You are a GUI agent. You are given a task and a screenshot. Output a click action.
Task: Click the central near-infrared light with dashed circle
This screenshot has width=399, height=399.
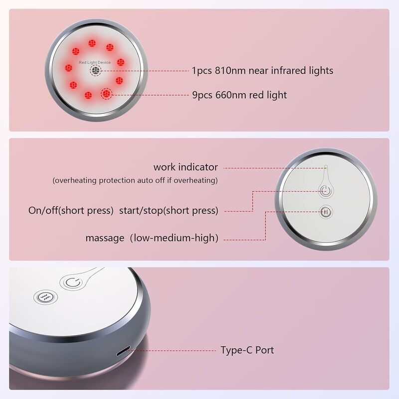coord(95,70)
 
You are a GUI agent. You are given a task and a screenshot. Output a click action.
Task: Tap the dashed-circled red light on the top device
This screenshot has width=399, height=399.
coord(107,94)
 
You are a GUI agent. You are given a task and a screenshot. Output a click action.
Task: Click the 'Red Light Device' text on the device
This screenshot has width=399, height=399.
coord(95,62)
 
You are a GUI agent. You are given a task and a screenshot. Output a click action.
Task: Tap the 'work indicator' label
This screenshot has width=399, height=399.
coord(186,167)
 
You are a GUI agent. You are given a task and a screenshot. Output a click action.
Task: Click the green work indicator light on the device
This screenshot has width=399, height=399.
coord(326,167)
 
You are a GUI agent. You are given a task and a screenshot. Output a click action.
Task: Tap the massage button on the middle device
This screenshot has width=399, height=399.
coord(326,211)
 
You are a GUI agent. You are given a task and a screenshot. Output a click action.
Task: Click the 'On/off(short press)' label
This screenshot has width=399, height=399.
coord(71,210)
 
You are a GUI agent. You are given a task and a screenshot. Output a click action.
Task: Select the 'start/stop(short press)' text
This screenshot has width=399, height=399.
coord(169,210)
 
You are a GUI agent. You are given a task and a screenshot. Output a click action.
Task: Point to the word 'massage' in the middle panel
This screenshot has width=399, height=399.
coord(105,238)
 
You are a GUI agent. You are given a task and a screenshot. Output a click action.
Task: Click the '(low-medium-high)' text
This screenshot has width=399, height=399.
coord(174,238)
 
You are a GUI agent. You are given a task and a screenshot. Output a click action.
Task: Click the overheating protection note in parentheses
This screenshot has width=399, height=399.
coord(135,181)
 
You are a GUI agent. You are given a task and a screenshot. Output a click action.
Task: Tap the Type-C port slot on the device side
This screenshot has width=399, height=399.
coord(123,351)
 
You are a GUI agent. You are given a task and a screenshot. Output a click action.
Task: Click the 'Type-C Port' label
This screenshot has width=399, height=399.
coord(247,350)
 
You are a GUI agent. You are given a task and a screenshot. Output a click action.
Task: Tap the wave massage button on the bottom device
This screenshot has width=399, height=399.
coord(45,297)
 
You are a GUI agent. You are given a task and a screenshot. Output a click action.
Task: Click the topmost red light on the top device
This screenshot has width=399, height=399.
coord(92,43)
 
